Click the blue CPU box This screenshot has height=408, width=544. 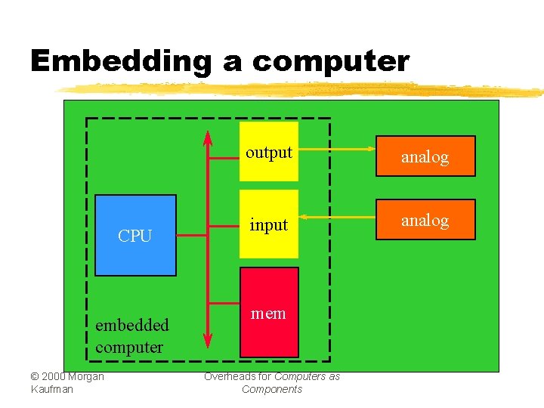pos(135,235)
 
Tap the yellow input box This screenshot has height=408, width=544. pos(269,225)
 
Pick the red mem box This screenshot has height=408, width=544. pos(269,312)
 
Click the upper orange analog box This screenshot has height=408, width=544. pos(425,156)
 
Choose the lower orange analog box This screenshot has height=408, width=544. pos(425,220)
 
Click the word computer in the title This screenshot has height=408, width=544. pos(331,61)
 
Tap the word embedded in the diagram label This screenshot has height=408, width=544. pos(132,326)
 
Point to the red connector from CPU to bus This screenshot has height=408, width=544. pos(191,236)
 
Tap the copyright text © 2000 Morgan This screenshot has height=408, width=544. pos(67,376)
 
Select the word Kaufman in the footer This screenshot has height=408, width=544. pos(52,389)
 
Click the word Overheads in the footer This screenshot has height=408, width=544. pos(226,376)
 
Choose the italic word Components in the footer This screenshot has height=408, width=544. pos(272,389)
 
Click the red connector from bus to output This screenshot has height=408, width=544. pos(224,159)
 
